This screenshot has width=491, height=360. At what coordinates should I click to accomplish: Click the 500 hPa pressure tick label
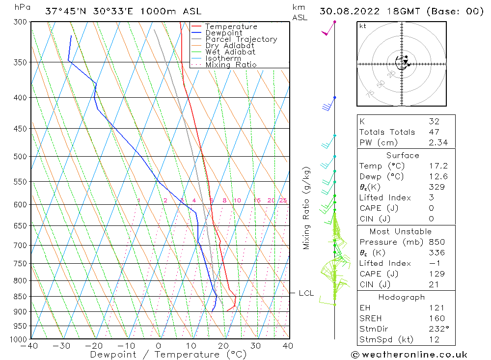click(21, 157)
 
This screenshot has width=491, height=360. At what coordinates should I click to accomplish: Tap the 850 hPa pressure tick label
click(21, 297)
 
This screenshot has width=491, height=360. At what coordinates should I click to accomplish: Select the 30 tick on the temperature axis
click(256, 346)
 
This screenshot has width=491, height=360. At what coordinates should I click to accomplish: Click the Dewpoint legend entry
click(223, 33)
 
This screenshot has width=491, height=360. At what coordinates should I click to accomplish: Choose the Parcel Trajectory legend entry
click(241, 39)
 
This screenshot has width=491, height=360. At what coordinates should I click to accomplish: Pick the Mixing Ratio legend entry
click(231, 65)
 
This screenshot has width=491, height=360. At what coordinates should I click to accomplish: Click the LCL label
click(306, 293)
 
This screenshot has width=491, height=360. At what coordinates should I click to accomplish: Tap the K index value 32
click(434, 121)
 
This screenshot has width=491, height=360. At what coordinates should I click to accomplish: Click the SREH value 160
click(435, 318)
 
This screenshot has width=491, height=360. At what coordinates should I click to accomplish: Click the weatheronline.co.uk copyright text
click(409, 355)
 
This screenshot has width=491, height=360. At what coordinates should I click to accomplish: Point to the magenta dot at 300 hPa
click(335, 22)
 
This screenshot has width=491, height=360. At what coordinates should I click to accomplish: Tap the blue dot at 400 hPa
click(335, 98)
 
